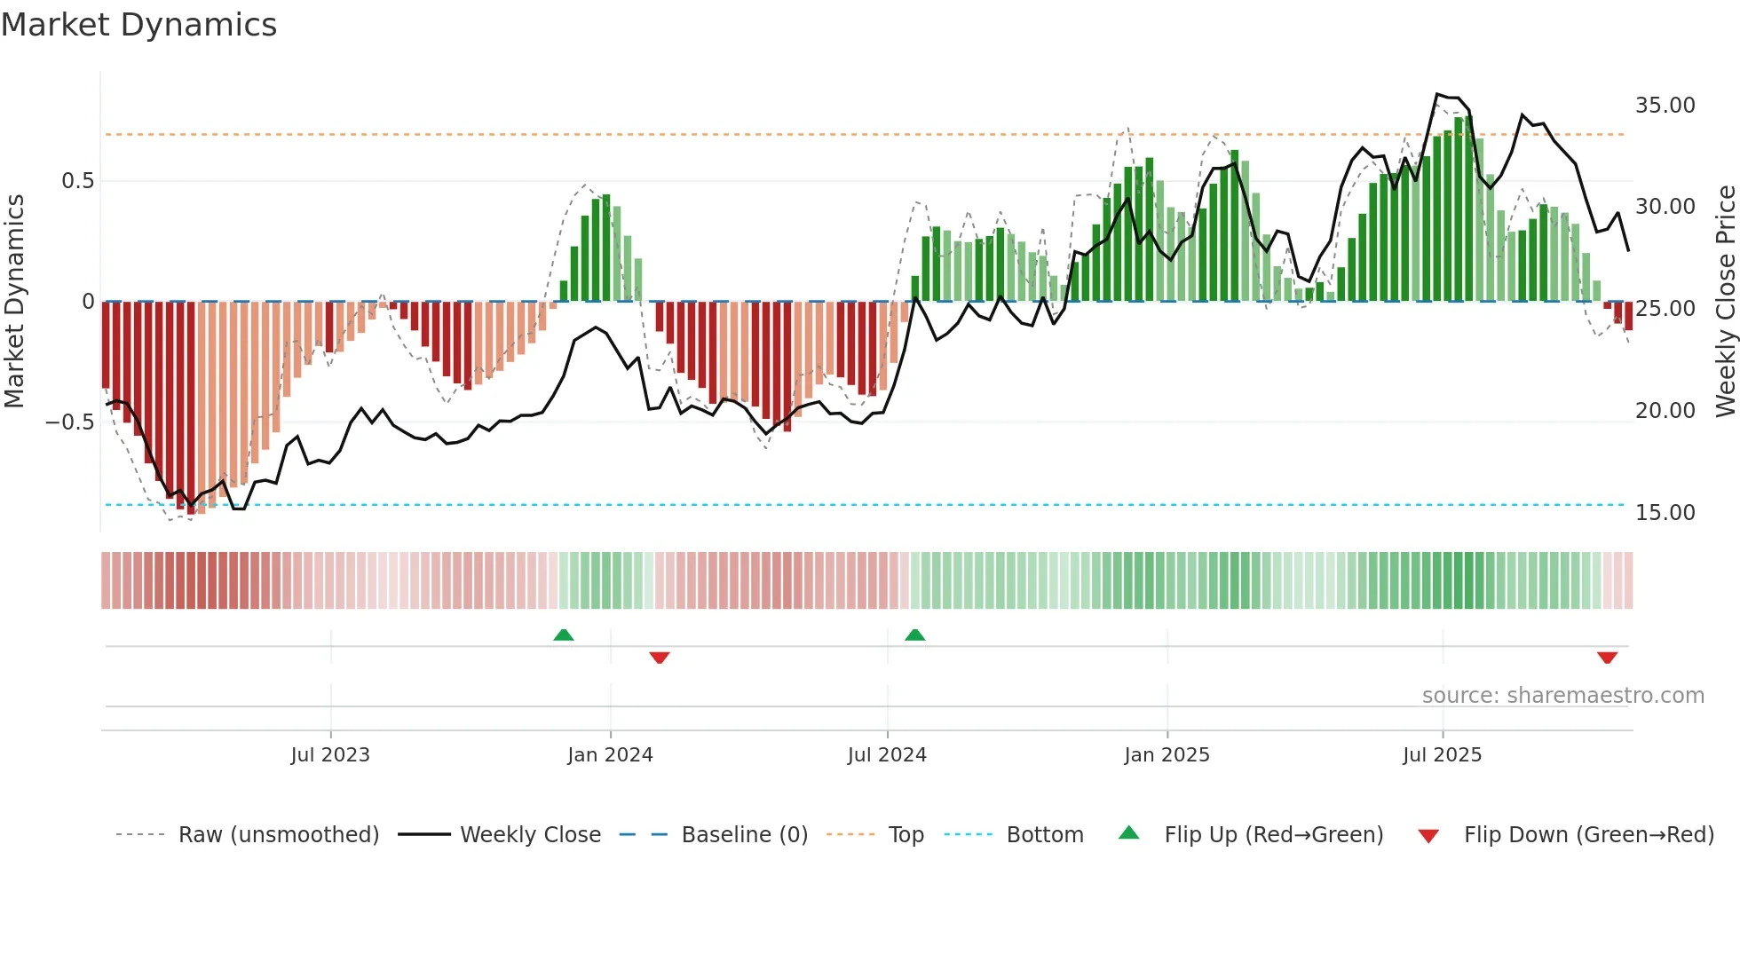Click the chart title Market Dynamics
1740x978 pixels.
point(138,25)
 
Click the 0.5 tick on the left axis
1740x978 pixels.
point(77,181)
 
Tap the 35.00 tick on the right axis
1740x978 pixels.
point(1665,106)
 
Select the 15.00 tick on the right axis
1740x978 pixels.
point(1665,513)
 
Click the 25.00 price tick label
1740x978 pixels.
point(1665,309)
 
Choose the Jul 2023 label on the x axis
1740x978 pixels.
point(330,755)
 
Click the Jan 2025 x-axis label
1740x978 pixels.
point(1167,755)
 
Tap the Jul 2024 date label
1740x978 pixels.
point(887,755)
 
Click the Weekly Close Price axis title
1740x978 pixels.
point(1725,302)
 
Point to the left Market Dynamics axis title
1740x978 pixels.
point(14,302)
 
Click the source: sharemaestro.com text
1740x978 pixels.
point(1562,696)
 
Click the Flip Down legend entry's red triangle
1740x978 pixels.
point(1428,836)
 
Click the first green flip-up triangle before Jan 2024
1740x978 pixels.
point(564,635)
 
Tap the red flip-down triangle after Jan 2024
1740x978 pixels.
point(659,658)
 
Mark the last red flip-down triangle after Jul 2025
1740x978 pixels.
point(1607,658)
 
